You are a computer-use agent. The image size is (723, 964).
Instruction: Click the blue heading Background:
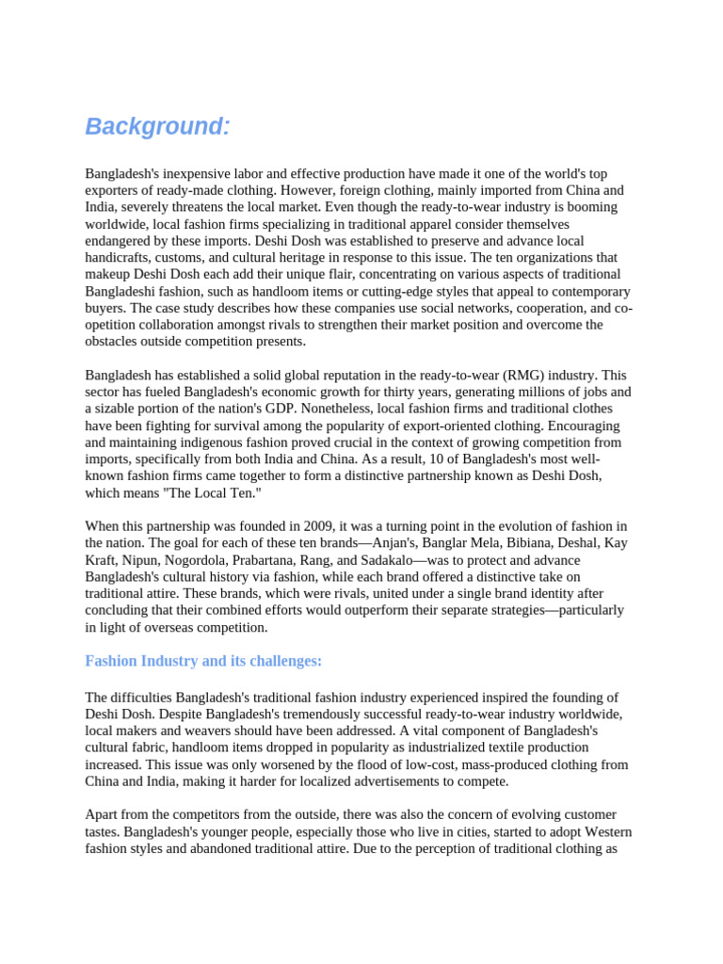tap(157, 127)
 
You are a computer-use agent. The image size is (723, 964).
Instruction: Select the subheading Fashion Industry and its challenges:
tap(203, 661)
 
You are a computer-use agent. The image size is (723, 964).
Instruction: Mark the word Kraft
tap(102, 560)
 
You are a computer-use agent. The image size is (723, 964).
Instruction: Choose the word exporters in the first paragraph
tap(114, 190)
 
